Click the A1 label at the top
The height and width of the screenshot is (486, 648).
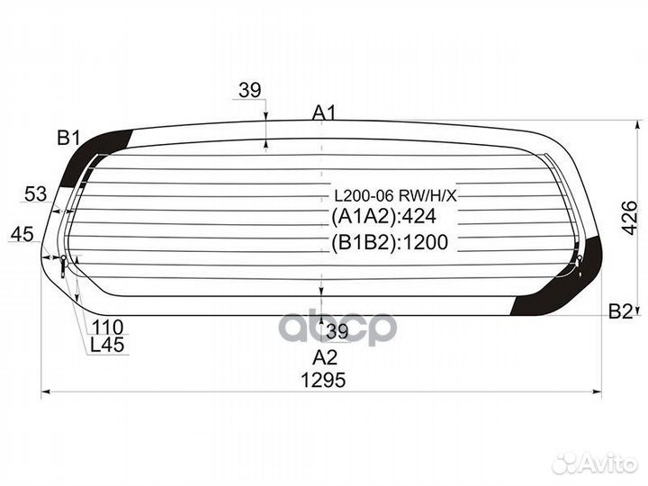324,112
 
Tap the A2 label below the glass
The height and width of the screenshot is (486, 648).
325,357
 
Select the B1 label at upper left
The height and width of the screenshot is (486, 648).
68,138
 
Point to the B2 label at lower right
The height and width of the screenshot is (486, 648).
621,311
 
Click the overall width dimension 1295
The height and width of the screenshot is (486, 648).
323,380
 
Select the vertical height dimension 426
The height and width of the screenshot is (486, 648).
630,218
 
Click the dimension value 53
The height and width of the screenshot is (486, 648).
36,193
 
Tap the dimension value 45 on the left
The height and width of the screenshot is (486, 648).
22,234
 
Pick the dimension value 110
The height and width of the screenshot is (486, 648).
107,328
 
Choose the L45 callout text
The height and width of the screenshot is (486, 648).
107,345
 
